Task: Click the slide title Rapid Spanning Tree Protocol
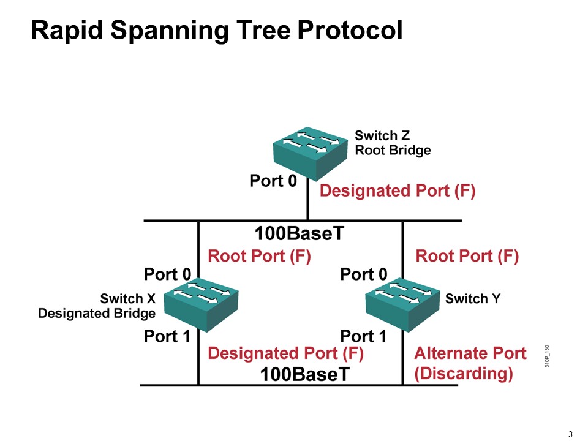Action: [217, 30]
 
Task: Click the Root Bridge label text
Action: [393, 151]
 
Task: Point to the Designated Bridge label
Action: [97, 314]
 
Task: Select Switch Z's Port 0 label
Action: [273, 181]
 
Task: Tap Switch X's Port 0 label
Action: [167, 274]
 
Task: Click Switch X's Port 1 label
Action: [167, 336]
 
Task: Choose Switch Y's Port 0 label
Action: [364, 274]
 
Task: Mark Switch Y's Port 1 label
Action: [364, 336]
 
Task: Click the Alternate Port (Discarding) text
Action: [470, 364]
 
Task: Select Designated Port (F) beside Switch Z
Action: [398, 191]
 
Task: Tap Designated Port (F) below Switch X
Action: [286, 353]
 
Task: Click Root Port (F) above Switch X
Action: [260, 256]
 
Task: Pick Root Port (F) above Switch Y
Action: [467, 256]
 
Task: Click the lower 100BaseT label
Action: [305, 374]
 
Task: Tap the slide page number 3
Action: [570, 435]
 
